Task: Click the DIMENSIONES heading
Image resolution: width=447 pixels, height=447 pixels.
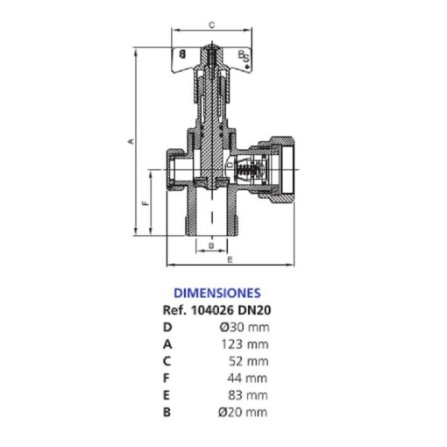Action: click(x=217, y=293)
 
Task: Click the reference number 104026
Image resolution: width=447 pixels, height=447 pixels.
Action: click(x=212, y=310)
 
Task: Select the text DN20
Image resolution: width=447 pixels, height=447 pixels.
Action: click(x=254, y=310)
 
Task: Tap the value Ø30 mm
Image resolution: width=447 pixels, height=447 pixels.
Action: click(x=245, y=327)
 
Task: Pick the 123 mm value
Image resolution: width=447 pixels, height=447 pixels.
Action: click(x=245, y=344)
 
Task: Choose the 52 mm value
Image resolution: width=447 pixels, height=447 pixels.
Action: click(x=249, y=361)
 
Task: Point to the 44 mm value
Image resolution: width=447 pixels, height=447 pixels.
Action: click(x=247, y=379)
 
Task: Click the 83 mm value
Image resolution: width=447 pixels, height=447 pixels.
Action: click(x=248, y=395)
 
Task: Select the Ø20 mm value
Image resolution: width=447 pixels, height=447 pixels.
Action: click(x=243, y=412)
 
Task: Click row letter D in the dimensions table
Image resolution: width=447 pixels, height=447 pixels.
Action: click(x=167, y=327)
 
